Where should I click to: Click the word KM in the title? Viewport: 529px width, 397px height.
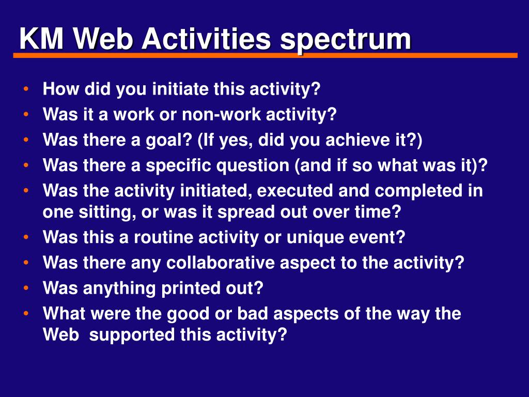click(41, 38)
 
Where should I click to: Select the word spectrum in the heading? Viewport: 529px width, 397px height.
click(345, 40)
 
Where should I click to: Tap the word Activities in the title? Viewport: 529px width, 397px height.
click(206, 38)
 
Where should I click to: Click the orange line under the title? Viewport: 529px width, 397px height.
click(265, 55)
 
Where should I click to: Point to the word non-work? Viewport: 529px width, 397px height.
click(221, 114)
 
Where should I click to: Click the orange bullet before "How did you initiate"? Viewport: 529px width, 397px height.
click(26, 89)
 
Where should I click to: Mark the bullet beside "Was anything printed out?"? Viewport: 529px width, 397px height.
click(26, 288)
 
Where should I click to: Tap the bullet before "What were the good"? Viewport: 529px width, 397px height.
click(26, 314)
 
